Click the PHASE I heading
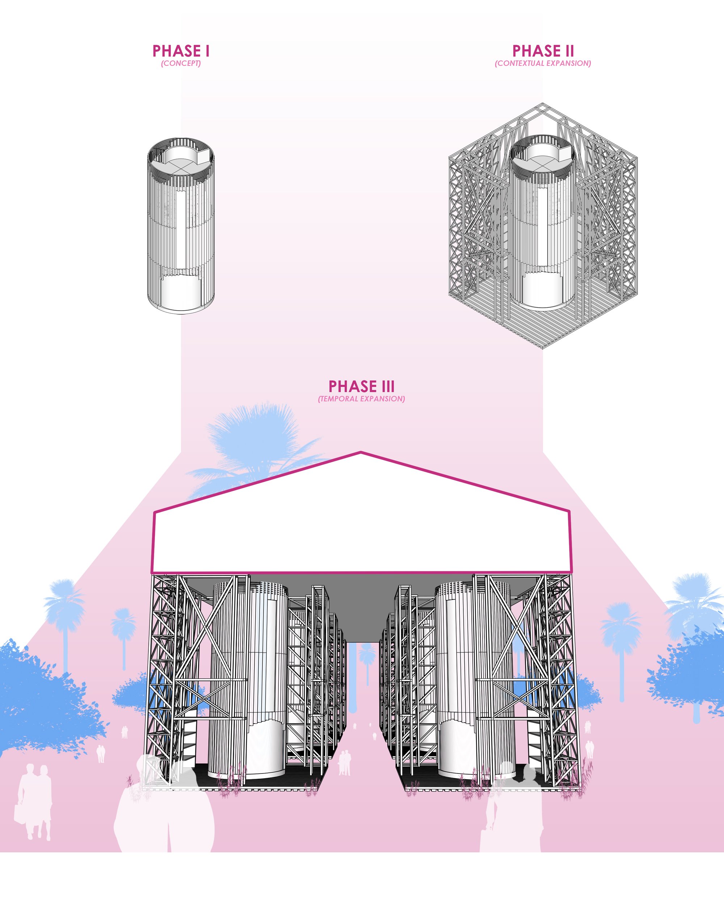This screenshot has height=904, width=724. (181, 51)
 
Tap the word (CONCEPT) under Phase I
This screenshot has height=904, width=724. (181, 63)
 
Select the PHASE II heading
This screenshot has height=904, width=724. (543, 51)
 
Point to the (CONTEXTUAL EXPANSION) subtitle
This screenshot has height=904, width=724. (543, 63)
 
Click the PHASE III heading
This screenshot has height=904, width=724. (361, 386)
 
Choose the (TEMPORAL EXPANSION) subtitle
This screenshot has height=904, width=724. (361, 399)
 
